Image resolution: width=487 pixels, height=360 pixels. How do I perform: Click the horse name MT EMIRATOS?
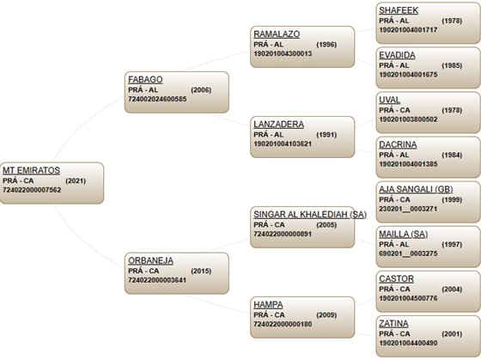click(x=32, y=170)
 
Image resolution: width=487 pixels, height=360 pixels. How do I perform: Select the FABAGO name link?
click(x=145, y=80)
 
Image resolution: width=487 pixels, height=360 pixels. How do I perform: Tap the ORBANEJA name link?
click(x=150, y=260)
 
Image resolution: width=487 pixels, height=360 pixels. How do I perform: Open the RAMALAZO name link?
click(x=277, y=34)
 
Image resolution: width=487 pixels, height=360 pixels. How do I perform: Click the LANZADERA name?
click(x=278, y=125)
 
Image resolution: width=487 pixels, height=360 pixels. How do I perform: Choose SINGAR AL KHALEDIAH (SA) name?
click(x=310, y=214)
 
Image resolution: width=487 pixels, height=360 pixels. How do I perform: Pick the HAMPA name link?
click(x=268, y=304)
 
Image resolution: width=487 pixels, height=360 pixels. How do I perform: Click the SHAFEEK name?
click(x=399, y=10)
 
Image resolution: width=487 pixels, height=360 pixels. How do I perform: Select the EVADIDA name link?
click(x=397, y=55)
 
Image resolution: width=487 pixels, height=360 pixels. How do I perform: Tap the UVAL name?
click(x=389, y=100)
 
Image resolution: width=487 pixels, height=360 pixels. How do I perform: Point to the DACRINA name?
click(x=398, y=144)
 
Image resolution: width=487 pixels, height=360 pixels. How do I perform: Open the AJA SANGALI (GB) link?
click(x=416, y=189)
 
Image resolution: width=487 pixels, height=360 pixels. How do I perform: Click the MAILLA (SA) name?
click(x=403, y=234)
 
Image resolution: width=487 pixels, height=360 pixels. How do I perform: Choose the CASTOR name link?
click(x=396, y=278)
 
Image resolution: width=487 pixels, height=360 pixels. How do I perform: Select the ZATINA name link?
click(x=393, y=323)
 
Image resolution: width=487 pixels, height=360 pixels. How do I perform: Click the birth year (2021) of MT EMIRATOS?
click(x=76, y=180)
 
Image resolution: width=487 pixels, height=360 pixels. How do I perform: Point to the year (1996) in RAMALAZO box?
click(x=326, y=45)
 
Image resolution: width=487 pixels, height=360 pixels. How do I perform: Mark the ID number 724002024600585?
click(x=157, y=99)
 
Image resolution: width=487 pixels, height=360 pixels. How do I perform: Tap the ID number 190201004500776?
click(x=408, y=298)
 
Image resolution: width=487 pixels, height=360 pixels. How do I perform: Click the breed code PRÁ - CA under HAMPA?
click(x=269, y=314)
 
